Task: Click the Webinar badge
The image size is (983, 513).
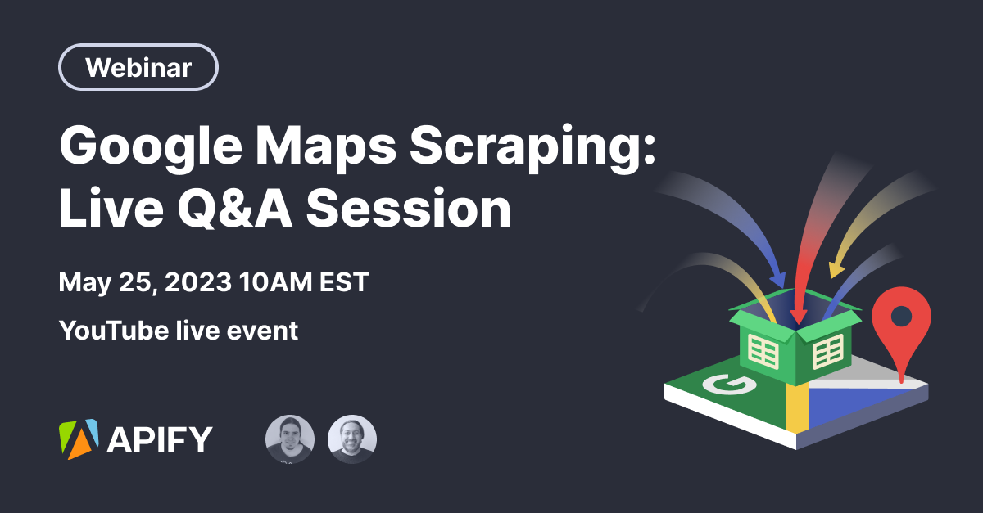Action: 138,67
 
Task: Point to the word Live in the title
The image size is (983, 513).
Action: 111,207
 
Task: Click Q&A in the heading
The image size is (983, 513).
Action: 235,208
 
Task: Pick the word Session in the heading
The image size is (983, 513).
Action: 409,208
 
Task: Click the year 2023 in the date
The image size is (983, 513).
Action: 198,282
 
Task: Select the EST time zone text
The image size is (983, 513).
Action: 344,282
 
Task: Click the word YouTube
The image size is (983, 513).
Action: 114,331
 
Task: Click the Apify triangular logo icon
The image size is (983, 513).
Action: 79,439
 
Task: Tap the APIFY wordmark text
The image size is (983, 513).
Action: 160,439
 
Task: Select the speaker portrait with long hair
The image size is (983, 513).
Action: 290,439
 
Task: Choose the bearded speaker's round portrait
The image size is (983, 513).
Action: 352,439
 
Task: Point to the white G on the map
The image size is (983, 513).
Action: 729,385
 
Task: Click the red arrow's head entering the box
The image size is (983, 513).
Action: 798,316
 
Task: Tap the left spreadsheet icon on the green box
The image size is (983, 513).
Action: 763,351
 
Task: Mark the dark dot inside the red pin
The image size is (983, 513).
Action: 902,316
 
